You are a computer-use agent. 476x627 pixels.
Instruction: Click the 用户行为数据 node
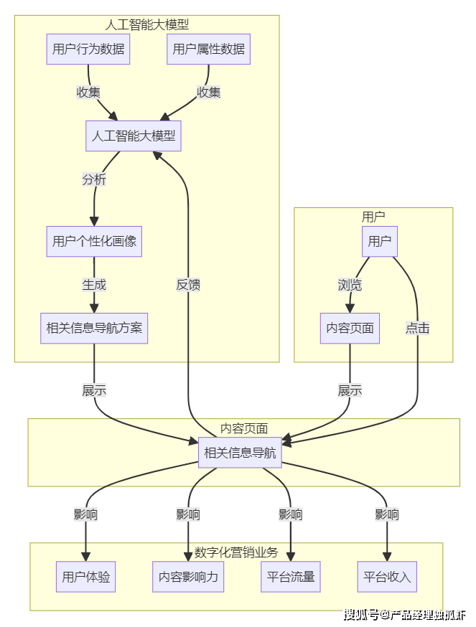point(88,49)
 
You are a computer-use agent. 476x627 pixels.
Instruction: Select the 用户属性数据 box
point(209,49)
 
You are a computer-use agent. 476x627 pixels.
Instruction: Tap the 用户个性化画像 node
point(94,241)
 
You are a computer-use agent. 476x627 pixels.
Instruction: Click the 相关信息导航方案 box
point(94,329)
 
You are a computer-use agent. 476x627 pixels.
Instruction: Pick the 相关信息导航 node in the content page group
point(239,453)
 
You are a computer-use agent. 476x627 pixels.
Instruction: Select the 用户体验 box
point(86,577)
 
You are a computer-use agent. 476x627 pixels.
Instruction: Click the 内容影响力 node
point(189,577)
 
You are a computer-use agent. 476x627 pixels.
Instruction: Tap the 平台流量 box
point(291,577)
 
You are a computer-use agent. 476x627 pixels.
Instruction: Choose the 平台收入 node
point(387,577)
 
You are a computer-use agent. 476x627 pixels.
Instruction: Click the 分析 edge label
point(94,179)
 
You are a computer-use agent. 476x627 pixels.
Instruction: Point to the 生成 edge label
point(94,285)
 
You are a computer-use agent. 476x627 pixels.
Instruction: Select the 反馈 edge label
point(188,285)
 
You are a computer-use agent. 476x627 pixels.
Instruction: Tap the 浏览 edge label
point(350,285)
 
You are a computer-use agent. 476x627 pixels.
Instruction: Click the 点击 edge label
point(417,329)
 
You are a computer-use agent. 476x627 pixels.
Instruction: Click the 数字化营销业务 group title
point(236,552)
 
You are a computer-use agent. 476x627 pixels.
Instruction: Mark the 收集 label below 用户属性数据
point(209,93)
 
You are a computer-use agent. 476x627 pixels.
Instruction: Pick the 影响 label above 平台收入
point(387,514)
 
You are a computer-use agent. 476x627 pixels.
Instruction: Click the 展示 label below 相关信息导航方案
point(94,391)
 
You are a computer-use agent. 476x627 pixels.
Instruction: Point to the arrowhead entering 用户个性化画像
point(94,222)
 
